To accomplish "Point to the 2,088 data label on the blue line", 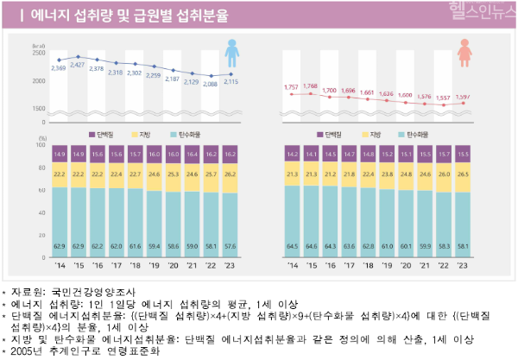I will point(210,85).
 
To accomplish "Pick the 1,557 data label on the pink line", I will point(444,98).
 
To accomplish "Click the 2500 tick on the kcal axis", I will point(39,53).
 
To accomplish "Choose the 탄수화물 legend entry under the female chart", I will point(423,136).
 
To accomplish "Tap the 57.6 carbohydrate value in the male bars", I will point(229,246).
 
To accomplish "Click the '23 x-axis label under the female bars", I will point(463,266).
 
